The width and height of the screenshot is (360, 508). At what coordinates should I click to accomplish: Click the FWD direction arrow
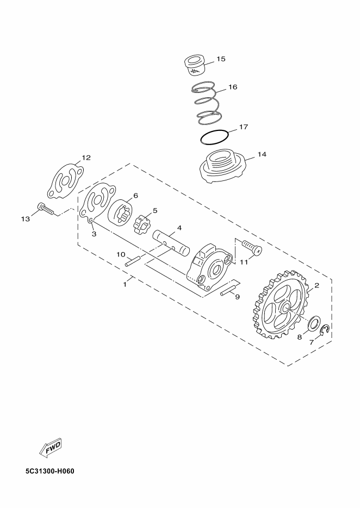[x=50, y=447]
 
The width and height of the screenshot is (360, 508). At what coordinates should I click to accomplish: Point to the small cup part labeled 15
[x=195, y=66]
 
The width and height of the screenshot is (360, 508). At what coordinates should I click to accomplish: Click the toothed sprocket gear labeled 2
[x=281, y=305]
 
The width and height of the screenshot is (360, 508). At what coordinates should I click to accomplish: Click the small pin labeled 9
[x=226, y=290]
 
